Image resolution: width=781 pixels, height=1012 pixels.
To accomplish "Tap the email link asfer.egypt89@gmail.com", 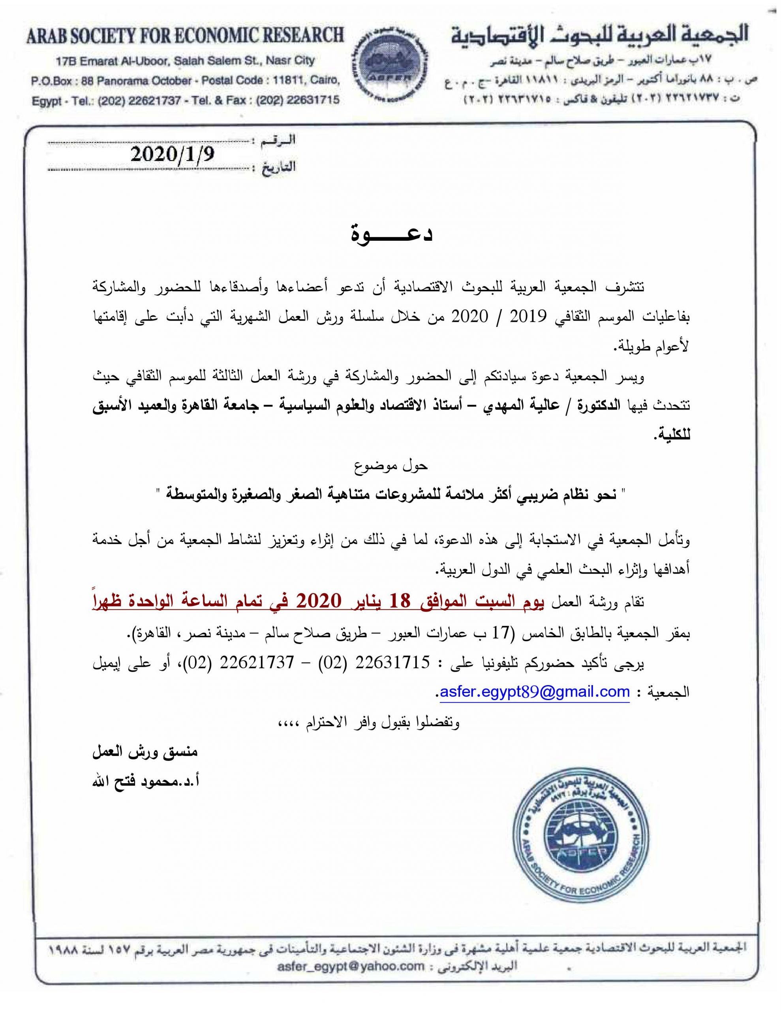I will pos(535,692).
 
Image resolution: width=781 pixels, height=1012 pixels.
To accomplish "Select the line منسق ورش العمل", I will pos(145,751).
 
